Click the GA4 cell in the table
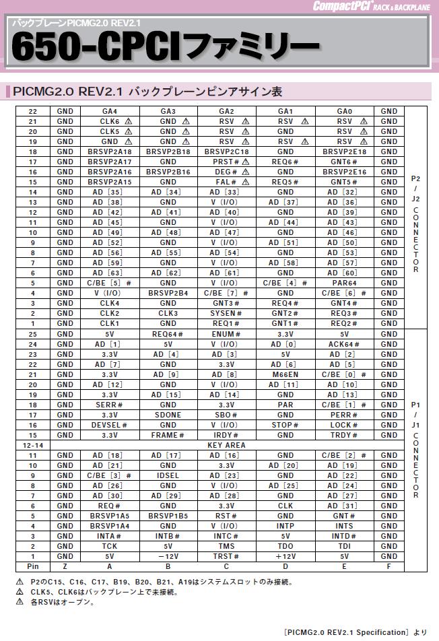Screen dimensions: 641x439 [x=109, y=111]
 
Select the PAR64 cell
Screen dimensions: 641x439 [x=345, y=283]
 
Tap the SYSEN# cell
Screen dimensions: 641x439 [x=227, y=313]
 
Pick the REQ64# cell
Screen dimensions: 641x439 [x=168, y=334]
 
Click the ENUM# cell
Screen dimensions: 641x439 [x=227, y=334]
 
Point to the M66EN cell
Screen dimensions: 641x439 [x=285, y=374]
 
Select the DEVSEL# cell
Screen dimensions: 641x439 [x=109, y=425]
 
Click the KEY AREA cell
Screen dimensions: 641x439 [x=227, y=445]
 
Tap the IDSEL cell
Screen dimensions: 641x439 [x=168, y=475]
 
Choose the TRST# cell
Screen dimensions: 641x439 [x=227, y=556]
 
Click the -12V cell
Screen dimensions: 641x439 [x=168, y=556]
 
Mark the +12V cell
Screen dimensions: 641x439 [x=285, y=556]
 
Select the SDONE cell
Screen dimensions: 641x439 [x=168, y=415]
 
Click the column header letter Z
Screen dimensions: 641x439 [x=65, y=566]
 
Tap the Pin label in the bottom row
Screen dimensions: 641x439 [x=32, y=566]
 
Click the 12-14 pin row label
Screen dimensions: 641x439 [x=32, y=445]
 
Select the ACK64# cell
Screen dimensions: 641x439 [x=345, y=344]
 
